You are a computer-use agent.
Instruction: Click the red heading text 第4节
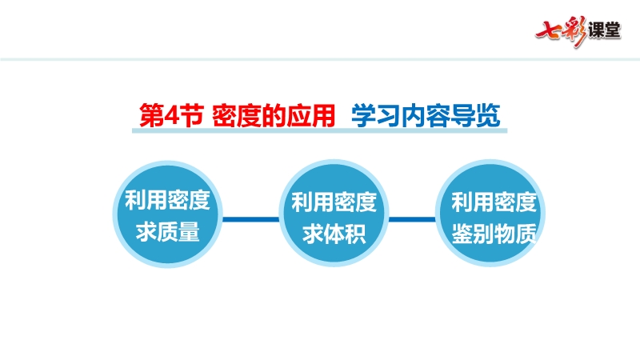pyautogui.click(x=171, y=115)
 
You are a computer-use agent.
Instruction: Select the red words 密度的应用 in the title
pyautogui.click(x=274, y=115)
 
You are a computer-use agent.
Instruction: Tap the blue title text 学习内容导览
pyautogui.click(x=426, y=115)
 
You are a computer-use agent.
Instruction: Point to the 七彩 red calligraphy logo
pyautogui.click(x=562, y=31)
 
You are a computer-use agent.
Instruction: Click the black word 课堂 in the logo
pyautogui.click(x=605, y=30)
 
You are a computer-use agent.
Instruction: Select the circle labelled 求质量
pyautogui.click(x=168, y=214)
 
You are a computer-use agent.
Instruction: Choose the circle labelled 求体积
pyautogui.click(x=334, y=213)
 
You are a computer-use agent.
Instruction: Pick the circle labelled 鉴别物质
pyautogui.click(x=490, y=213)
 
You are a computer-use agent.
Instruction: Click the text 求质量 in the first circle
pyautogui.click(x=168, y=232)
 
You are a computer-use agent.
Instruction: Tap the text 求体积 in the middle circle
pyautogui.click(x=334, y=234)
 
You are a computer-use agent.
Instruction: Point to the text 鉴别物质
pyautogui.click(x=494, y=234)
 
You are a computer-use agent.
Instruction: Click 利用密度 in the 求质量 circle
pyautogui.click(x=168, y=200)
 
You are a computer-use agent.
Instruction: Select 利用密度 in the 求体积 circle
pyautogui.click(x=334, y=202)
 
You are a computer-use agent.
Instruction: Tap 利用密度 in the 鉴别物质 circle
pyautogui.click(x=494, y=202)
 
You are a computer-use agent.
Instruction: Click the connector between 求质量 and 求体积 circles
pyautogui.click(x=250, y=219)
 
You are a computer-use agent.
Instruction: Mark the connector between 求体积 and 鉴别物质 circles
pyautogui.click(x=412, y=219)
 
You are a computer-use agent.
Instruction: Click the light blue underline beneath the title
pyautogui.click(x=319, y=130)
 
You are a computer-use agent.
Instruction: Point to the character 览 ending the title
pyautogui.click(x=488, y=115)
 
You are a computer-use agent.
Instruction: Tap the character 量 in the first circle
pyautogui.click(x=189, y=232)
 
